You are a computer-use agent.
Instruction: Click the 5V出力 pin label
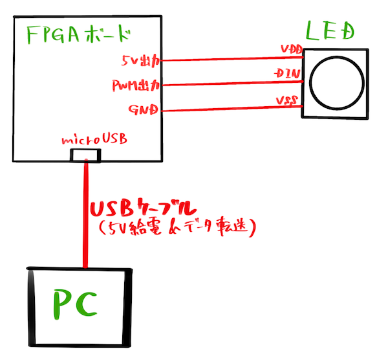click(140, 62)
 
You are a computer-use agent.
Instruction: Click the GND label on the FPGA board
click(144, 108)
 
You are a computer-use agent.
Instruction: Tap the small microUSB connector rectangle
click(85, 155)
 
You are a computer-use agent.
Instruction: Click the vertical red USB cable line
click(85, 214)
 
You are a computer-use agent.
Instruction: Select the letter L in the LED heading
click(312, 30)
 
